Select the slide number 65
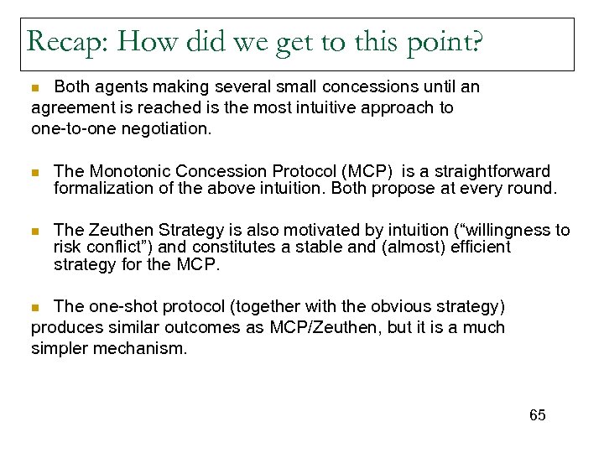point(537,415)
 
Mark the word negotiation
point(171,129)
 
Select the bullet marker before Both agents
point(35,87)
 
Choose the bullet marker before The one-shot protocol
point(35,307)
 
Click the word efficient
point(479,247)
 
